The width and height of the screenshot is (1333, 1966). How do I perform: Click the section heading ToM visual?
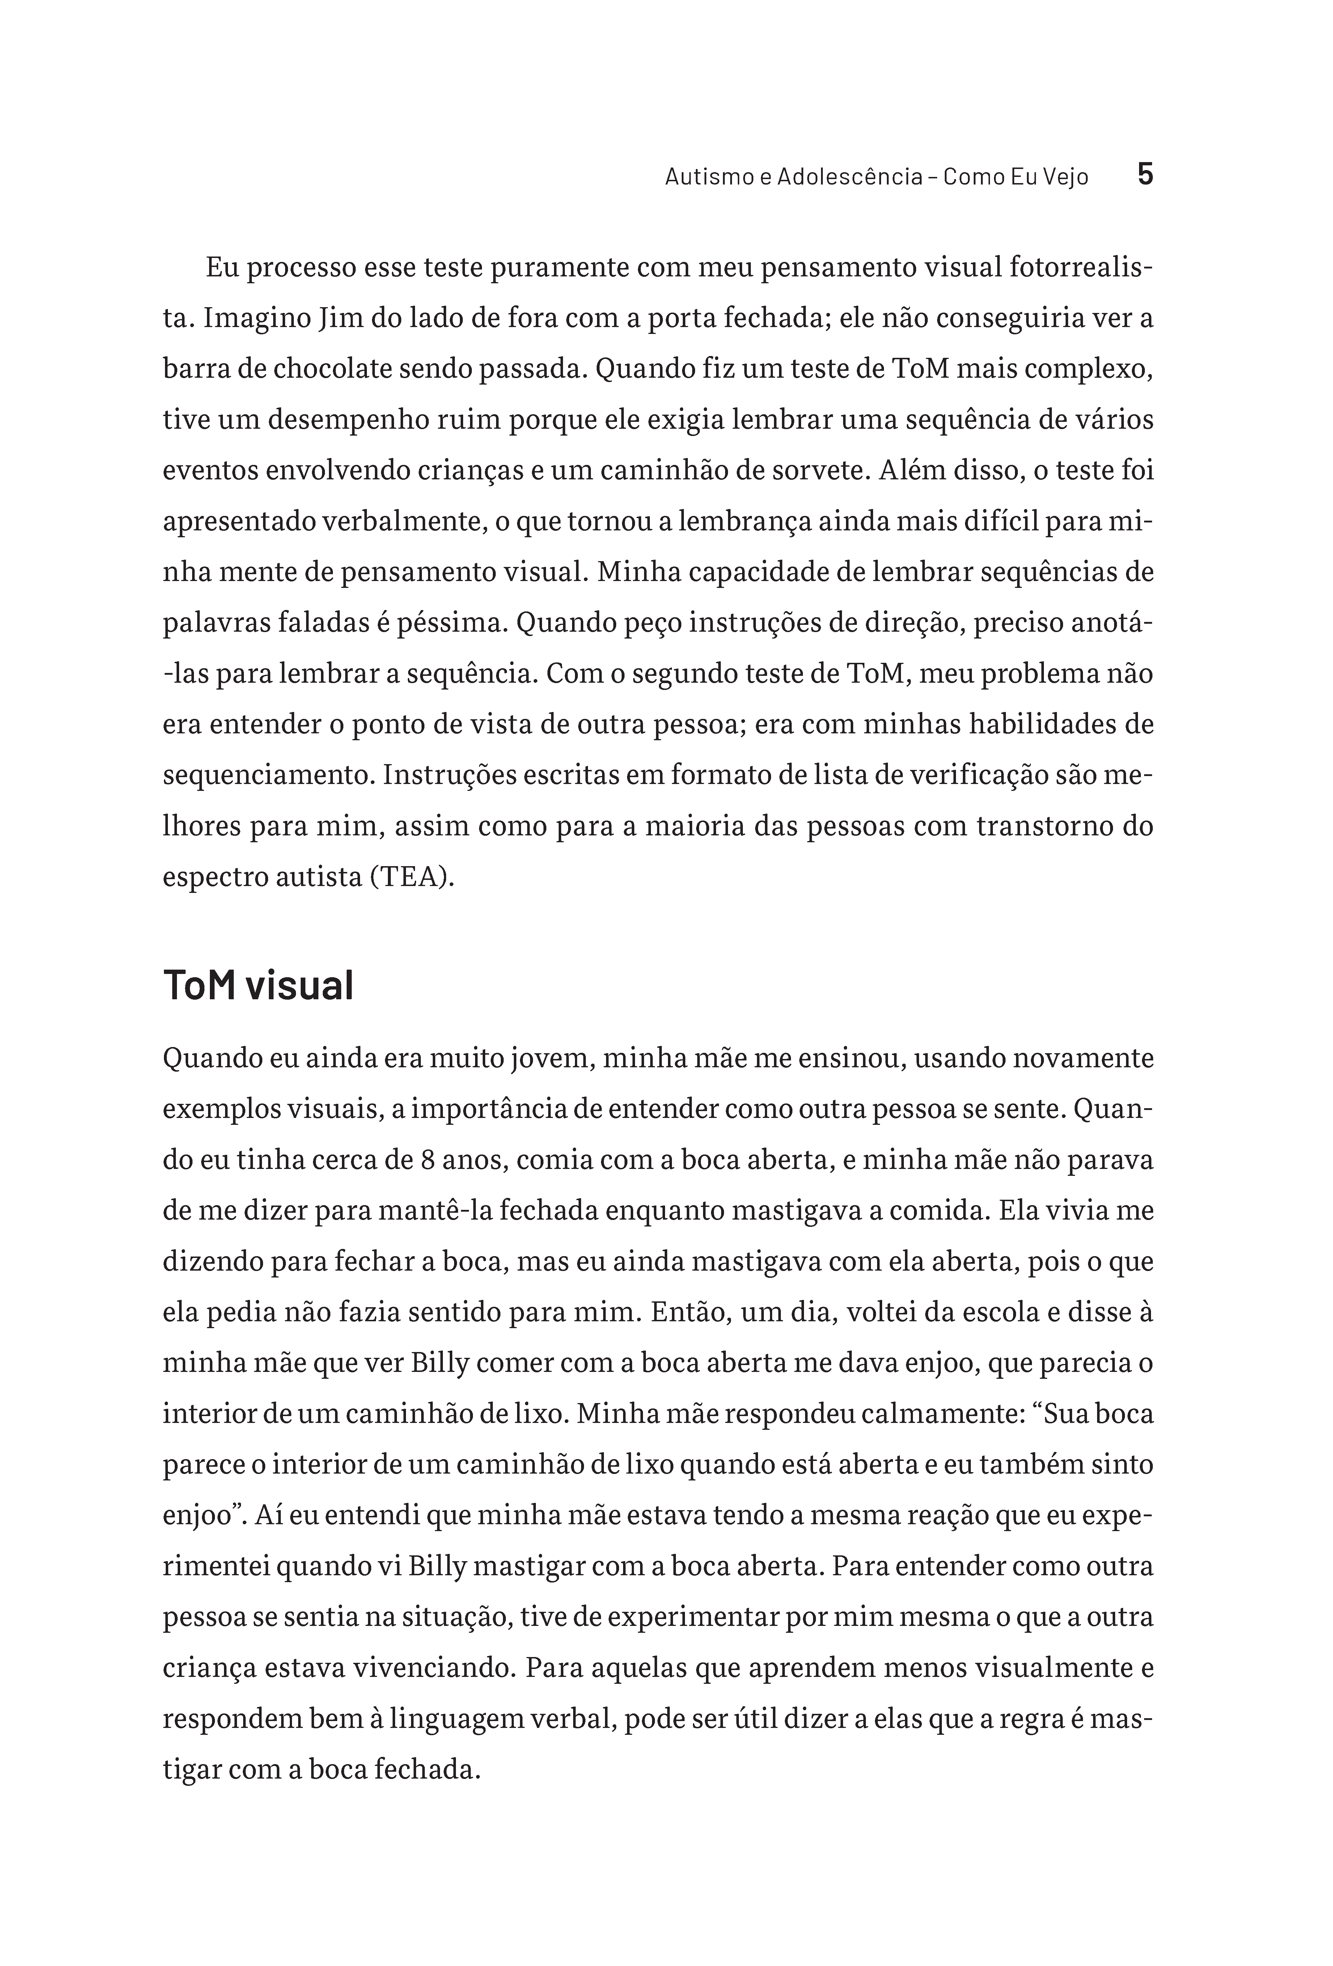(258, 985)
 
